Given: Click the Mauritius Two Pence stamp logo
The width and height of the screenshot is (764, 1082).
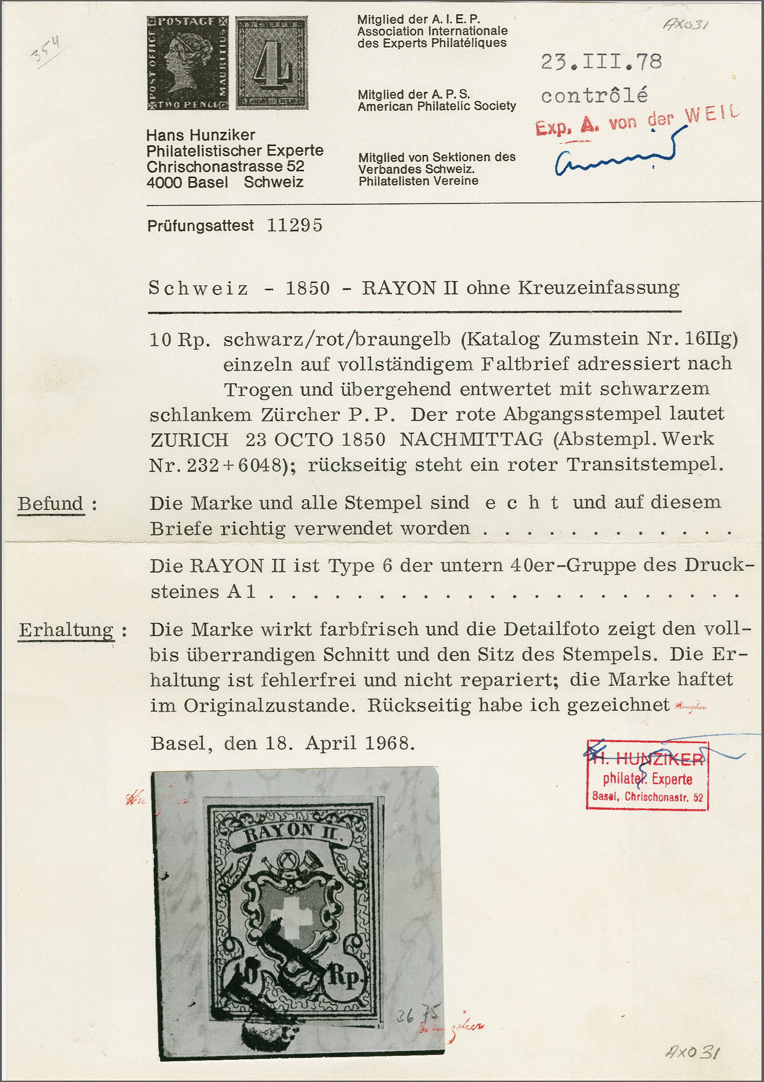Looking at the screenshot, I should pos(187,63).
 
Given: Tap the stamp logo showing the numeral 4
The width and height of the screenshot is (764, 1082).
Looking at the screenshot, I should pos(272,63).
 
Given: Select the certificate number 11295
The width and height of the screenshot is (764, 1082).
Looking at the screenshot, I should pos(294,226).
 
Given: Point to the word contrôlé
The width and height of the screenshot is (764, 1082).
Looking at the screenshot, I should pos(594,96).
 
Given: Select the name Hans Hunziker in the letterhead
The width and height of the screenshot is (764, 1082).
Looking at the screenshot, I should pos(200,135).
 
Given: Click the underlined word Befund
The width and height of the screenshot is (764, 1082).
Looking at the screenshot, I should pos(51,504).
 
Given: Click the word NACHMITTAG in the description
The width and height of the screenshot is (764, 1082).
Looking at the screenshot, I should pos(471,440).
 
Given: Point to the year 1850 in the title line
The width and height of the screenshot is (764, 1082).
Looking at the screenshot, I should pos(308,288).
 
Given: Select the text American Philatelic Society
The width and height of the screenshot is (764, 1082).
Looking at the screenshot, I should pos(437,106).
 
